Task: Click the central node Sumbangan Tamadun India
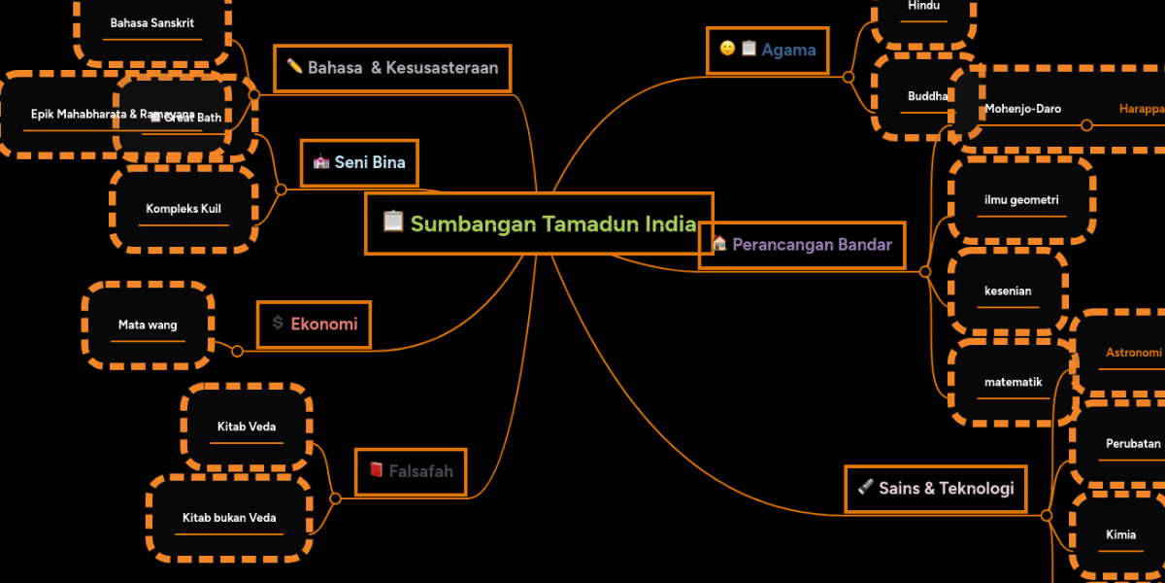coord(540,223)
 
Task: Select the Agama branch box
coord(768,50)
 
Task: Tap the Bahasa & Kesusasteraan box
coord(392,68)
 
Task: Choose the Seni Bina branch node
coord(359,162)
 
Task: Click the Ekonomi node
coord(314,324)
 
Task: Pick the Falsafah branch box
coord(411,471)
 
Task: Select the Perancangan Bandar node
coord(802,244)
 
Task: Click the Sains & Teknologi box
coord(936,488)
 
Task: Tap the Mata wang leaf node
coord(148,325)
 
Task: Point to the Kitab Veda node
coord(247,426)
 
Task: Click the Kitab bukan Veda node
coord(229,518)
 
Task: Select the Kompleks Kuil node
coord(183,209)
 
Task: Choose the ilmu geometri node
coord(1021,200)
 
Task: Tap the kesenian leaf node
coord(1008,291)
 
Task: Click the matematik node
coord(1013,382)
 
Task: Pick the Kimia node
coord(1120,534)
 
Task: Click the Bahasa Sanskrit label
coord(152,22)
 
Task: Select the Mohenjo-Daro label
coord(1022,109)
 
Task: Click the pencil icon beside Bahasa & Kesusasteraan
coord(294,67)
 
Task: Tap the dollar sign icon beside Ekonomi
coord(278,323)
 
